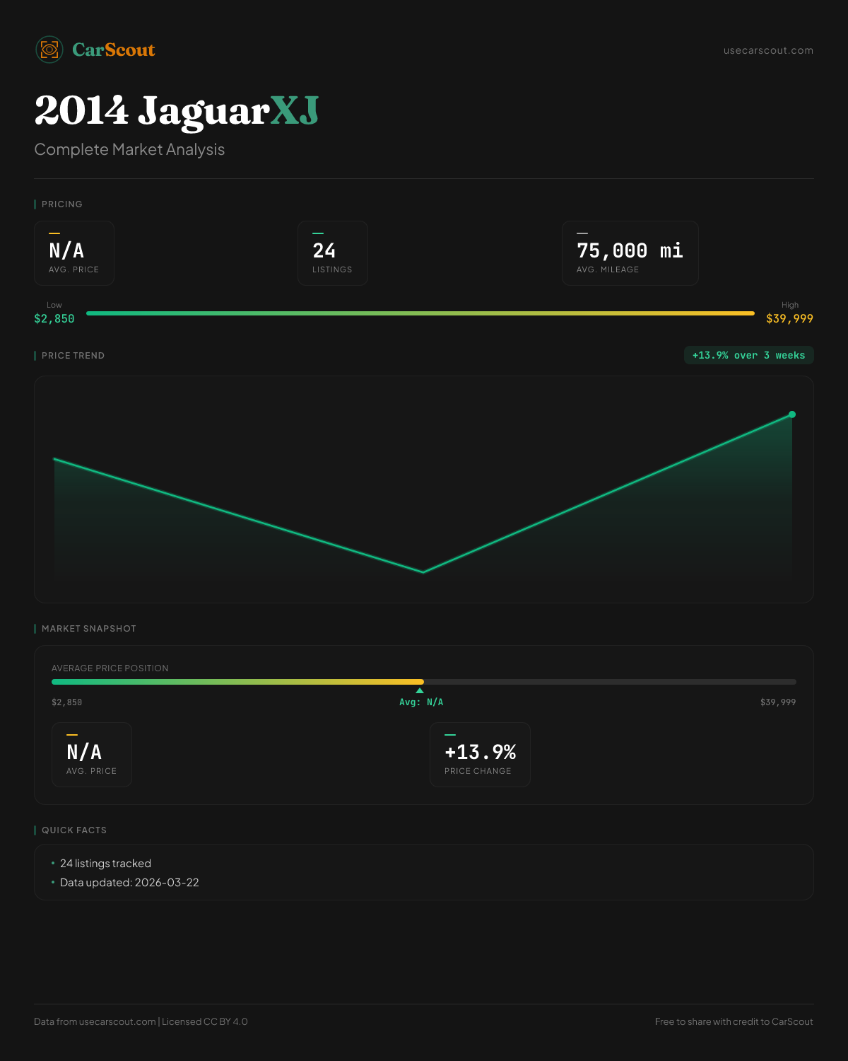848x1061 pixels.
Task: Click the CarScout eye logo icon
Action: coord(49,50)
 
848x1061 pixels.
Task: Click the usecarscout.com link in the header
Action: coord(768,50)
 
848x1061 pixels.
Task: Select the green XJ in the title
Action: coord(295,111)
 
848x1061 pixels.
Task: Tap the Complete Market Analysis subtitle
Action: coord(129,150)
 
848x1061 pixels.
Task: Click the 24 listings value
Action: coord(324,251)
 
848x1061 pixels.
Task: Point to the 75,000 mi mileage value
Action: coord(630,251)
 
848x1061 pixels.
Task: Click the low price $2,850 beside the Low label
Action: coord(54,319)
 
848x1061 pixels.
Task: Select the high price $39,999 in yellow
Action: coord(789,319)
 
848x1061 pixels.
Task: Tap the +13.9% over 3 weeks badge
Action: coord(748,356)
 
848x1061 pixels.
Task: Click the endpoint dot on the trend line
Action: coord(792,414)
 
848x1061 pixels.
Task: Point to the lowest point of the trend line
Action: coord(423,572)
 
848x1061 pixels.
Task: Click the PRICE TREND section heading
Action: coord(73,356)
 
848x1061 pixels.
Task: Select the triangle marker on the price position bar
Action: coord(420,690)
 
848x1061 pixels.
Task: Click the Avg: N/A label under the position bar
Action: coord(421,702)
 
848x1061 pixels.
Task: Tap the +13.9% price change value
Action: coord(480,753)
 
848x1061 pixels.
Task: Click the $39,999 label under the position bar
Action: coord(778,702)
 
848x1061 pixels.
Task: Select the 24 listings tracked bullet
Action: coord(105,864)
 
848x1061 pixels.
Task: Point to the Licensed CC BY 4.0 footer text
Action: coord(205,1021)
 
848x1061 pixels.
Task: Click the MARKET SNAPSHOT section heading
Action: coord(88,629)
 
